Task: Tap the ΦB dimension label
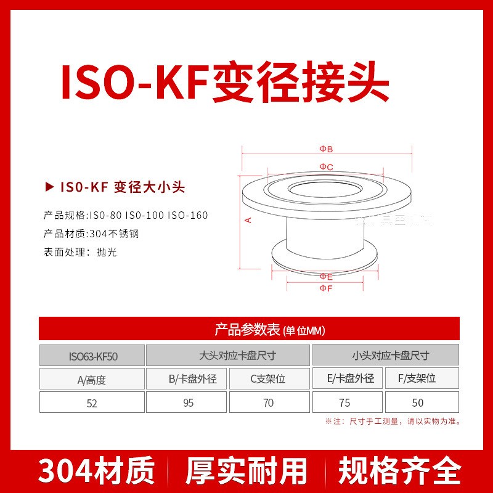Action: click(326, 149)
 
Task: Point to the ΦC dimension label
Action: click(326, 167)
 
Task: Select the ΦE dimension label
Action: click(326, 277)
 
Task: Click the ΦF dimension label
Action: click(326, 288)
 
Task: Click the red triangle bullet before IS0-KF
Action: click(49, 187)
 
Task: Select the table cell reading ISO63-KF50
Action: click(92, 356)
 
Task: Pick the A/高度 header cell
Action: click(92, 380)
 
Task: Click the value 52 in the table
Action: click(92, 403)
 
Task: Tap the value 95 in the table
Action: click(187, 403)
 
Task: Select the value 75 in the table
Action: click(344, 403)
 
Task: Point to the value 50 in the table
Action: click(418, 403)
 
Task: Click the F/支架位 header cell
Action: click(418, 378)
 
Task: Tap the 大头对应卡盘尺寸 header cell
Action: click(229, 356)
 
